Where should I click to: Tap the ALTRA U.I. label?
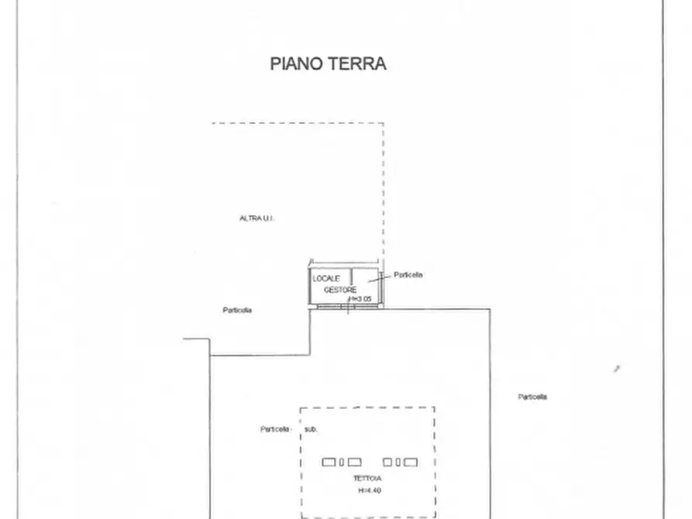pyautogui.click(x=256, y=218)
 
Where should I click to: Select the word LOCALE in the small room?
pyautogui.click(x=326, y=278)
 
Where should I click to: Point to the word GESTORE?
pyautogui.click(x=340, y=289)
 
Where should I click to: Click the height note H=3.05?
pyautogui.click(x=360, y=299)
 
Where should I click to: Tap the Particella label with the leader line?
pyautogui.click(x=408, y=275)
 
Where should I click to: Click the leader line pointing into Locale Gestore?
pyautogui.click(x=377, y=280)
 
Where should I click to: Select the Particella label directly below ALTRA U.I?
pyautogui.click(x=237, y=310)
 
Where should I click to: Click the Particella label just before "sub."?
pyautogui.click(x=275, y=429)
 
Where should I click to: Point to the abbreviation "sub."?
pyautogui.click(x=310, y=429)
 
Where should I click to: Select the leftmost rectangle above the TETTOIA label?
pyautogui.click(x=329, y=462)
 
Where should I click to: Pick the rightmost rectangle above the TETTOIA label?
pyautogui.click(x=411, y=462)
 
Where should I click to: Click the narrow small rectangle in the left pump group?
pyautogui.click(x=341, y=462)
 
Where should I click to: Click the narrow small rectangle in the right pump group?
pyautogui.click(x=398, y=462)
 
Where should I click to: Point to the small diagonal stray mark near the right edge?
pyautogui.click(x=617, y=369)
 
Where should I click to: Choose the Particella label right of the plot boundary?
pyautogui.click(x=532, y=397)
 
